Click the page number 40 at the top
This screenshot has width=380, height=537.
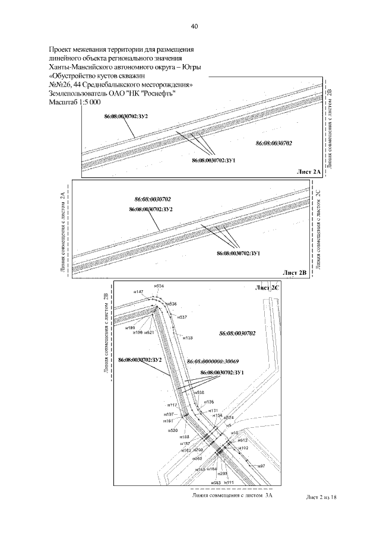tap(194, 26)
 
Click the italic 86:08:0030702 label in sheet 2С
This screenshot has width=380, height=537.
tap(237, 333)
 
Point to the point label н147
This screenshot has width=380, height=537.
tap(139, 291)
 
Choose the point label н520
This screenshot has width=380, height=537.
tap(173, 430)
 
